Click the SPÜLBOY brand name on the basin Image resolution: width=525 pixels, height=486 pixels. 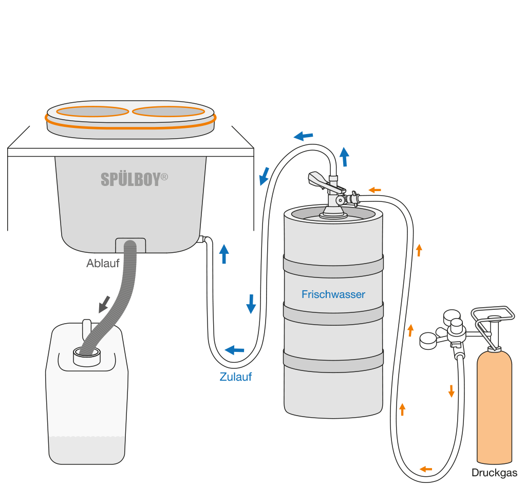coord(130,179)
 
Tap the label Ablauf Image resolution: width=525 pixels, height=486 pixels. coord(103,264)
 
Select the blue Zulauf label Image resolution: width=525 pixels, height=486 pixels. coord(236,377)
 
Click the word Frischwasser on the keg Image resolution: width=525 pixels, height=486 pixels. coord(333,294)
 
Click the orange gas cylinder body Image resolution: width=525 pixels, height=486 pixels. coord(494,406)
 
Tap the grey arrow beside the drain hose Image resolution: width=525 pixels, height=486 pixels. coord(105,304)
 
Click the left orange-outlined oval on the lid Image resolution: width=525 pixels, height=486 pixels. coord(92,111)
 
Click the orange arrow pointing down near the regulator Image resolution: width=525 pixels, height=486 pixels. coord(451,391)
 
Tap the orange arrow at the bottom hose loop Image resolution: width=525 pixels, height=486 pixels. coord(425,469)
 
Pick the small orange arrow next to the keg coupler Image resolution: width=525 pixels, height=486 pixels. coord(375,190)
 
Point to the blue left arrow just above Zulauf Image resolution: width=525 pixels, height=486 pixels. coord(235,350)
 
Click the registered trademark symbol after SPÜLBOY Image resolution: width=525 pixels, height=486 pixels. coord(164,176)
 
